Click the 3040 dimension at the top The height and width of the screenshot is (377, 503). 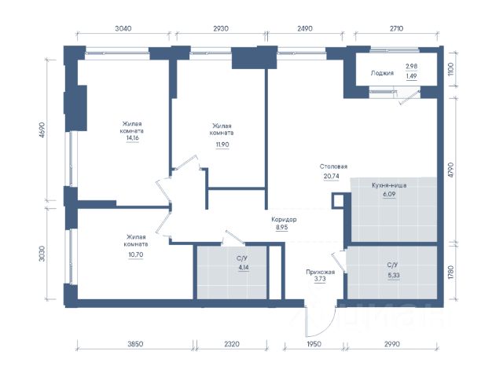pyautogui.click(x=123, y=28)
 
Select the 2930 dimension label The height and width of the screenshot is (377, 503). pyautogui.click(x=221, y=28)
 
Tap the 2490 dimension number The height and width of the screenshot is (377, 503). pyautogui.click(x=305, y=28)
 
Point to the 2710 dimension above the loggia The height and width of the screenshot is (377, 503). pyautogui.click(x=396, y=28)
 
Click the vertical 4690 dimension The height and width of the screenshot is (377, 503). pyautogui.click(x=42, y=130)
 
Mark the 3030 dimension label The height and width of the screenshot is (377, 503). pyautogui.click(x=42, y=254)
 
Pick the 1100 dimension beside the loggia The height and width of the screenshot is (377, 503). pyautogui.click(x=451, y=69)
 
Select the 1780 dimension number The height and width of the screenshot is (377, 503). pyautogui.click(x=451, y=272)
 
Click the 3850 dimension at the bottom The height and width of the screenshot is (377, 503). pyautogui.click(x=135, y=344)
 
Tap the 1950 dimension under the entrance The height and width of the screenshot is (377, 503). pyautogui.click(x=314, y=344)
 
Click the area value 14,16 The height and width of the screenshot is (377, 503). pyautogui.click(x=133, y=138)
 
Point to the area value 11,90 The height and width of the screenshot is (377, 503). pyautogui.click(x=222, y=145)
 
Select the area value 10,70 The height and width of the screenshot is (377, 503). pyautogui.click(x=136, y=254)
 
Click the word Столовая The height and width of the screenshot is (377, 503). pyautogui.click(x=333, y=167)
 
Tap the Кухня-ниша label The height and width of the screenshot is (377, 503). pyautogui.click(x=390, y=185)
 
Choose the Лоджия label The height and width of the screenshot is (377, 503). pyautogui.click(x=382, y=73)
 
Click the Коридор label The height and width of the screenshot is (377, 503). pyautogui.click(x=284, y=220)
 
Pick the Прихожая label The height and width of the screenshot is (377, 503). pyautogui.click(x=320, y=273)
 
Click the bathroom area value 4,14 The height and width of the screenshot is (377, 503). pyautogui.click(x=244, y=267)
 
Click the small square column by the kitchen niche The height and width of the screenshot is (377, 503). pyautogui.click(x=338, y=201)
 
